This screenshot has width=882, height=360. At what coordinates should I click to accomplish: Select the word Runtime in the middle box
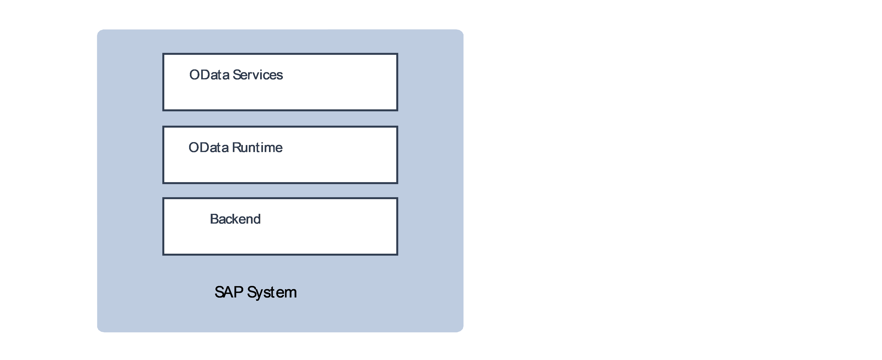257,148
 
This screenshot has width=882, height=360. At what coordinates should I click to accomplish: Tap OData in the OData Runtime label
208,148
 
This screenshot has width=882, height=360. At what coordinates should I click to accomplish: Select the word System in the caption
272,292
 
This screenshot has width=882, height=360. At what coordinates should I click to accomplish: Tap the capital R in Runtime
236,148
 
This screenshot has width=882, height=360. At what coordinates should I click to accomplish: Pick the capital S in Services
236,75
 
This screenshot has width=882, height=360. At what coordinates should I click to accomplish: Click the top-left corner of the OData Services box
163,54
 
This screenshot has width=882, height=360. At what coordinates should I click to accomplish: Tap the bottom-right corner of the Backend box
397,254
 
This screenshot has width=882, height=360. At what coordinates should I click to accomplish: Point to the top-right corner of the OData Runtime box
397,127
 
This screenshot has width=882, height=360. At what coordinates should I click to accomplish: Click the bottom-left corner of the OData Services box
163,110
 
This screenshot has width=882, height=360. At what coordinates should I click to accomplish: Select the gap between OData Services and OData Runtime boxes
280,118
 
